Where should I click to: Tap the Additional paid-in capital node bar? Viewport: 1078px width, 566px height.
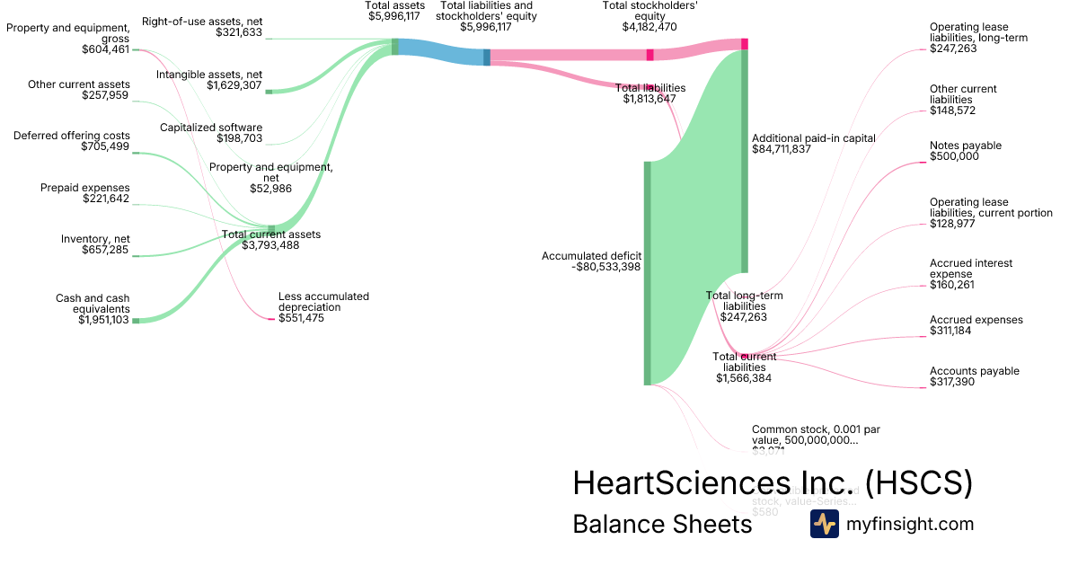[x=744, y=161]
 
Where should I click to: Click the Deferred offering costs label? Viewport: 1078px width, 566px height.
[x=72, y=136]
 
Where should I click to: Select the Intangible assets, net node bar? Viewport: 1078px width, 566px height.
[x=268, y=92]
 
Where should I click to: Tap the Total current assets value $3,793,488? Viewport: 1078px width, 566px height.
[x=270, y=245]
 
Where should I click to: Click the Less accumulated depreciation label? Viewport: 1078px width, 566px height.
[x=323, y=302]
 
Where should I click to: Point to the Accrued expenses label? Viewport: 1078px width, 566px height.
[x=976, y=320]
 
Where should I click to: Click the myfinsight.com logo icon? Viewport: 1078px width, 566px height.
[x=824, y=524]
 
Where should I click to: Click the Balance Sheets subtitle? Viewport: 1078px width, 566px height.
[x=662, y=524]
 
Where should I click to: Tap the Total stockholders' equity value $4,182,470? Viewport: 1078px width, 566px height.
[x=650, y=27]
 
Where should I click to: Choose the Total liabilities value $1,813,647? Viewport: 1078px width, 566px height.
[x=649, y=99]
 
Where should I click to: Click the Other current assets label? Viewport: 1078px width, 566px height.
[x=78, y=84]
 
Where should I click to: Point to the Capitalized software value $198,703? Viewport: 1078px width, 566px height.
[x=239, y=138]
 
